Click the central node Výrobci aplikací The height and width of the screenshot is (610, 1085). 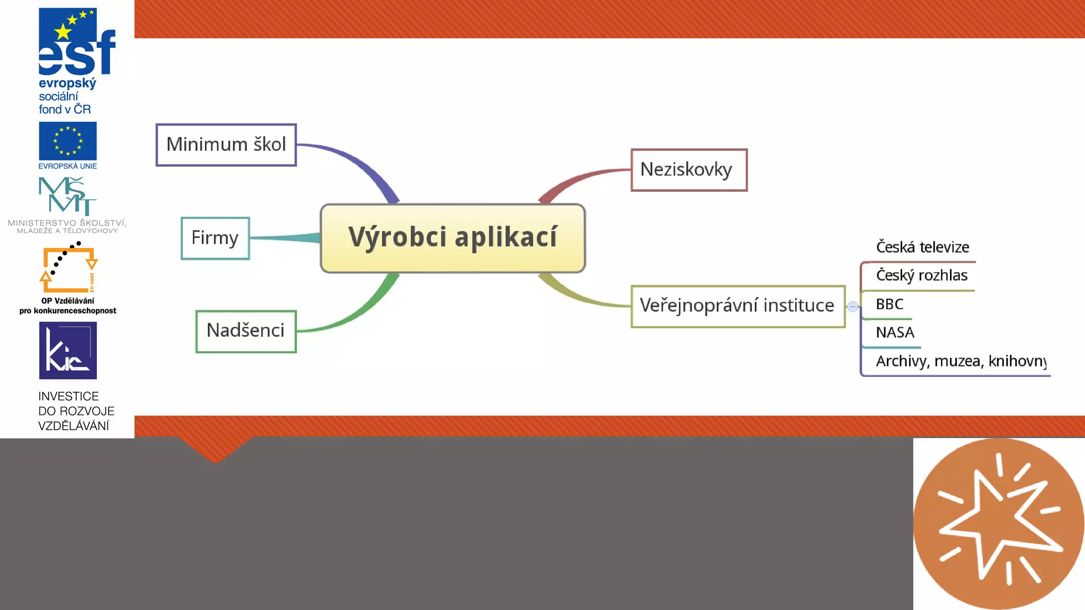pyautogui.click(x=452, y=238)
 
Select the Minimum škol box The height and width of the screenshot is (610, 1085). pyautogui.click(x=226, y=145)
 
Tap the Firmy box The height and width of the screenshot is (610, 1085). pyautogui.click(x=215, y=238)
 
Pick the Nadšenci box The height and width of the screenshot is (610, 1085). pyautogui.click(x=246, y=331)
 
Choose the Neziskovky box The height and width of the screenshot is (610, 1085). pyautogui.click(x=689, y=170)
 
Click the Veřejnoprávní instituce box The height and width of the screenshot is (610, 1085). pyautogui.click(x=737, y=306)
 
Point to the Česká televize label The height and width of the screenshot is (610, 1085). pyautogui.click(x=922, y=247)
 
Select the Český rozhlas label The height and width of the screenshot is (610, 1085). pyautogui.click(x=921, y=275)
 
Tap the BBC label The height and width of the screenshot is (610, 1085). pyautogui.click(x=890, y=304)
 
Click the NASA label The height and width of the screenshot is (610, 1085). pyautogui.click(x=895, y=333)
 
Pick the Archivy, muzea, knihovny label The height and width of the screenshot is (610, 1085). pyautogui.click(x=961, y=361)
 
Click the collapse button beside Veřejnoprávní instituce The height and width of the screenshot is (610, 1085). pyautogui.click(x=852, y=307)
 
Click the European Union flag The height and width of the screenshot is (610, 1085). pyautogui.click(x=68, y=141)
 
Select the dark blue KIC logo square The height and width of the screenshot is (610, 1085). pyautogui.click(x=68, y=350)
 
